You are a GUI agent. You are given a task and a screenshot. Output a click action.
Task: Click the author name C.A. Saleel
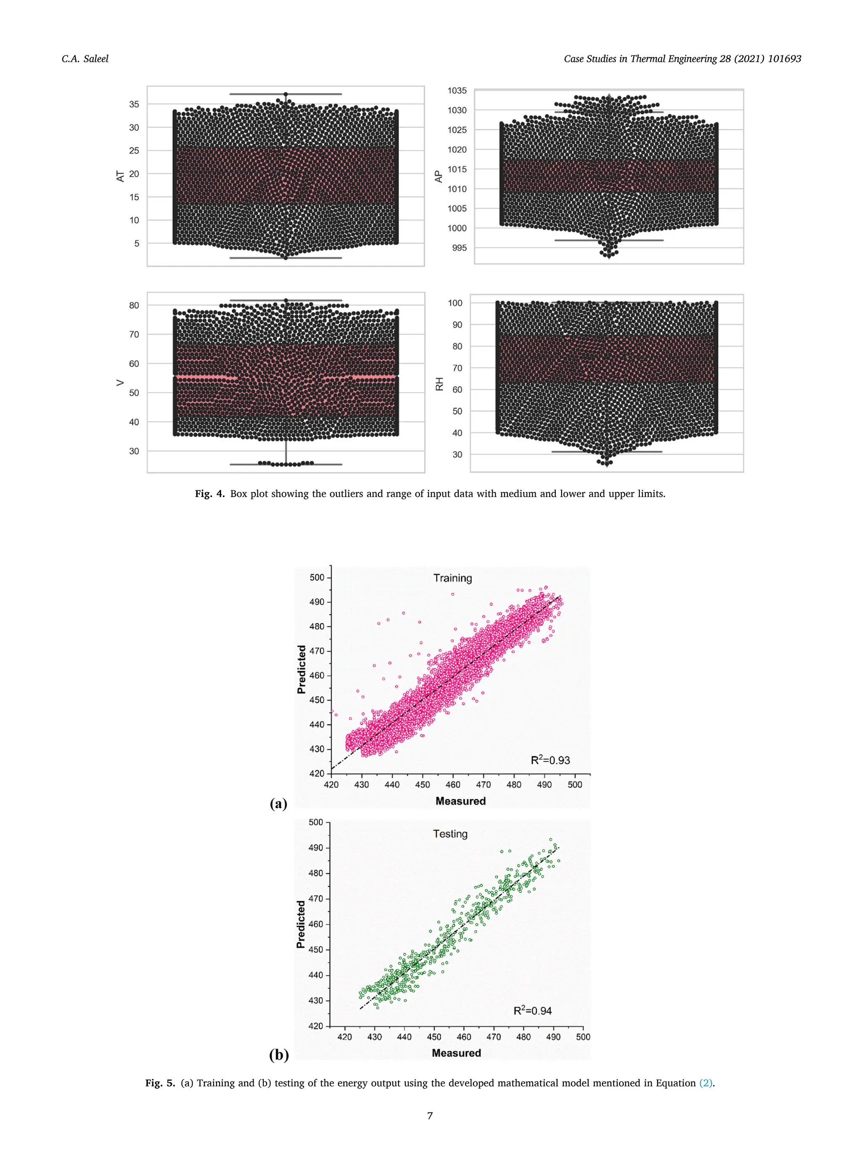pyautogui.click(x=85, y=59)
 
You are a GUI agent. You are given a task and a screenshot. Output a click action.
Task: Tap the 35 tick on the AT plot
pyautogui.click(x=135, y=104)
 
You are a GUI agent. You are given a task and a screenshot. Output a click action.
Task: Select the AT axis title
pyautogui.click(x=120, y=176)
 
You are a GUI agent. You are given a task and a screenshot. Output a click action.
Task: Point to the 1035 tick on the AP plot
pyautogui.click(x=457, y=91)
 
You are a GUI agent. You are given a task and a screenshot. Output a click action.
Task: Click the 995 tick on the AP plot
pyautogui.click(x=459, y=248)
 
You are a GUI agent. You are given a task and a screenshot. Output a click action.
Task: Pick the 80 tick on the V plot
pyautogui.click(x=135, y=305)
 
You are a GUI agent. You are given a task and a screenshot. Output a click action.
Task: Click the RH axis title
pyautogui.click(x=439, y=384)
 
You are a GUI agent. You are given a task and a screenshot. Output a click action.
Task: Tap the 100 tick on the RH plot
pyautogui.click(x=455, y=303)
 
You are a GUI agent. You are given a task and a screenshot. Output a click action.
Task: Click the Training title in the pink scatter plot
pyautogui.click(x=452, y=578)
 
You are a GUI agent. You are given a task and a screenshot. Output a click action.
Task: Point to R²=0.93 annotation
pyautogui.click(x=550, y=760)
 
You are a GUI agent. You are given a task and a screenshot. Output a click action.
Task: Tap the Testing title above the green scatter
pyautogui.click(x=450, y=834)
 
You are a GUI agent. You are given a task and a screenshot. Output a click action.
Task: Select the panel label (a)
pyautogui.click(x=278, y=803)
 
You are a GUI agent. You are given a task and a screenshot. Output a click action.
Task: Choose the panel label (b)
pyautogui.click(x=278, y=1055)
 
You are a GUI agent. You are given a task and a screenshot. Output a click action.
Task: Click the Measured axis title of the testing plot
pyautogui.click(x=456, y=1053)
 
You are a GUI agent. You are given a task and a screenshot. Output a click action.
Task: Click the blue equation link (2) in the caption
pyautogui.click(x=706, y=1083)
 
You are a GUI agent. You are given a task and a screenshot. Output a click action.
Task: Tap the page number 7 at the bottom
pyautogui.click(x=430, y=1116)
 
